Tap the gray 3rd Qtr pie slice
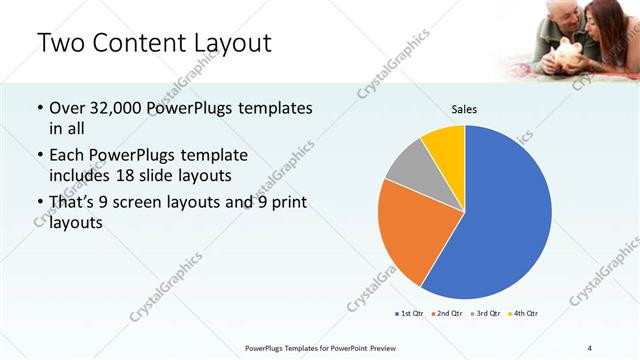pos(408,166)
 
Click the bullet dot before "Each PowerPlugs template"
pos(39,155)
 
